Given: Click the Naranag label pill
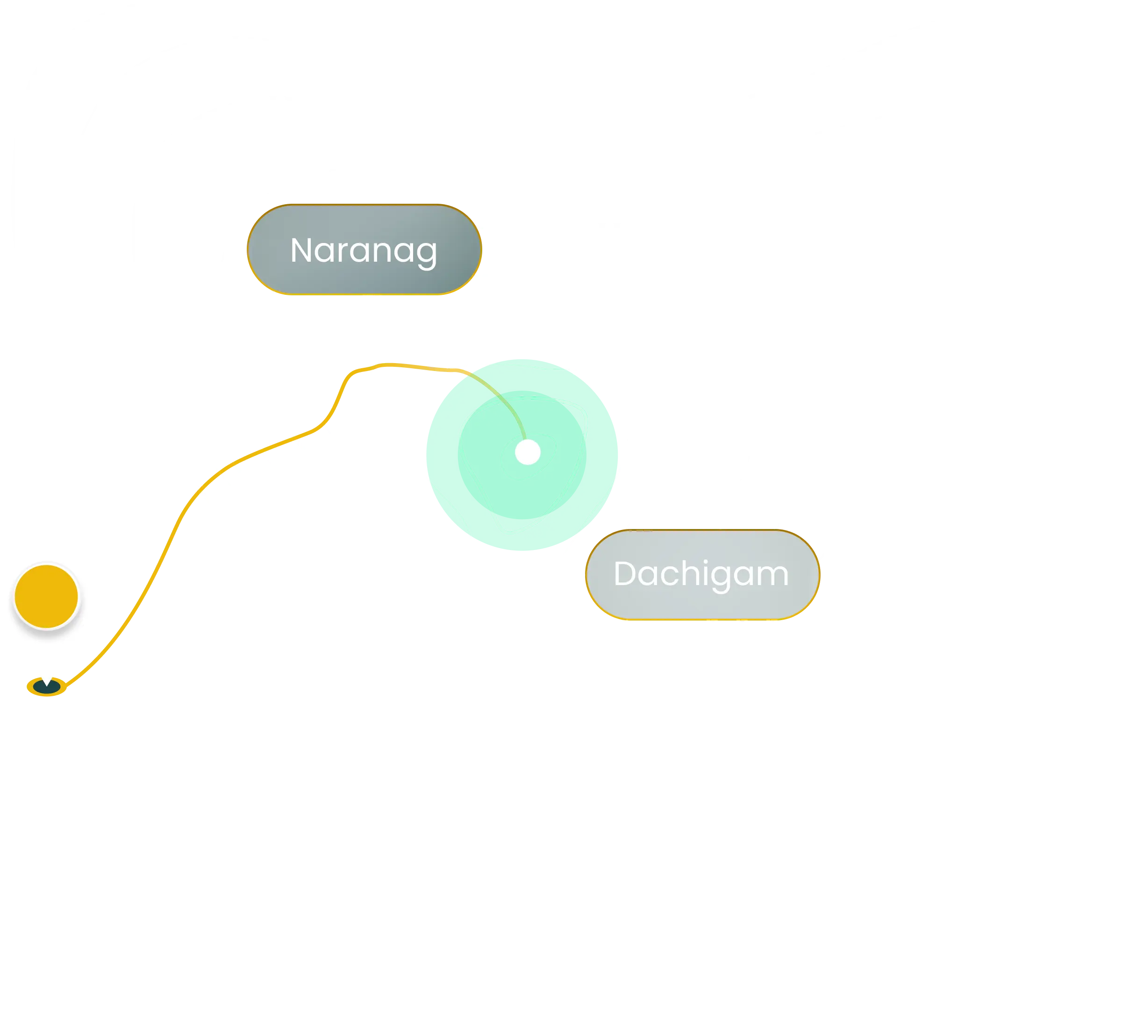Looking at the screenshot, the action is pos(364,249).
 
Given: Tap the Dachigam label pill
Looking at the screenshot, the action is pos(703,575).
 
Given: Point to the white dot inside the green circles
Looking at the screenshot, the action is pos(528,452).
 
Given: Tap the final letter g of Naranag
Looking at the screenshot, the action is pos(427,255).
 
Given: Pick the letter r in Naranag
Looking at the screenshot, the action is pos(342,253).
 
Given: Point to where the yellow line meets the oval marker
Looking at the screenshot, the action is pos(65,685).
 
